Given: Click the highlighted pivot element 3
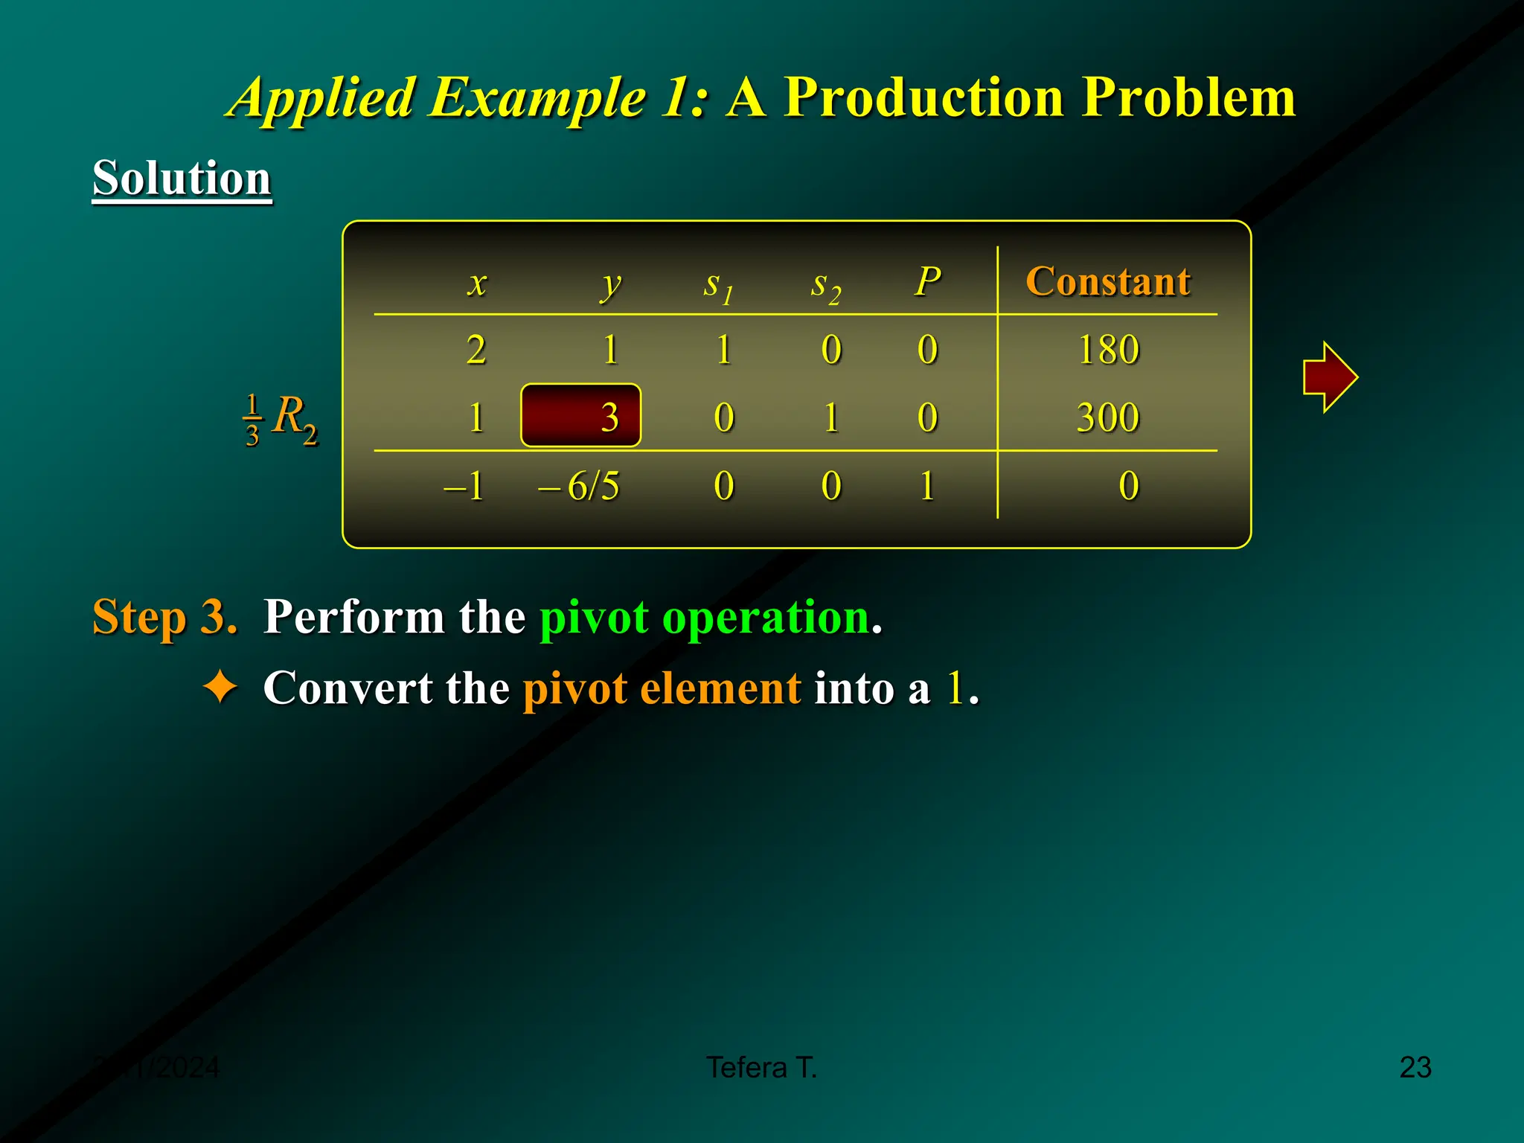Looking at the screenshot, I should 581,416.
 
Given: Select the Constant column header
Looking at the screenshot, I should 1107,281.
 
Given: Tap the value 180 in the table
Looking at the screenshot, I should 1108,349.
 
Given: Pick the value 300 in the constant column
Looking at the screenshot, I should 1108,417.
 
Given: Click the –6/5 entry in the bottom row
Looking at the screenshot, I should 579,486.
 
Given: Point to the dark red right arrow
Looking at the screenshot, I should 1330,377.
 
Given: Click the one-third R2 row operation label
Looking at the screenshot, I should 281,419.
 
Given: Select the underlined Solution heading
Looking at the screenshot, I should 182,179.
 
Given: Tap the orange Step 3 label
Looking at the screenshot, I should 164,617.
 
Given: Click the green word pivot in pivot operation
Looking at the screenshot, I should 594,617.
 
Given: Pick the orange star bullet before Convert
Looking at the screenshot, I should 220,686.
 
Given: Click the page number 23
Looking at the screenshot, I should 1415,1067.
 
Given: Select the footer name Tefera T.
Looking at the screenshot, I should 761,1067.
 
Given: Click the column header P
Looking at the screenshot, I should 927,281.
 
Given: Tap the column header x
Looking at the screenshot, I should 477,284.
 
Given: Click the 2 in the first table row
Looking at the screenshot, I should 476,349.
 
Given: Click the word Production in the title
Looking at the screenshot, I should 923,97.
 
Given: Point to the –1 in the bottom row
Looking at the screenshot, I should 464,486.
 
